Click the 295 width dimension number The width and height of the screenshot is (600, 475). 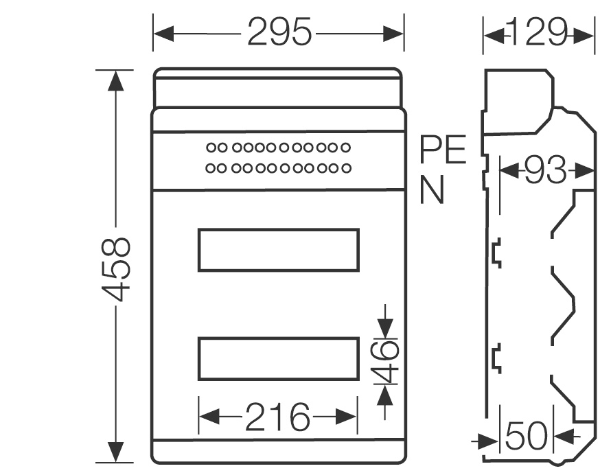pyautogui.click(x=279, y=32)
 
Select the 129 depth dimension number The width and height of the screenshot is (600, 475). pyautogui.click(x=539, y=32)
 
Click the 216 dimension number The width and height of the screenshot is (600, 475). pyautogui.click(x=278, y=417)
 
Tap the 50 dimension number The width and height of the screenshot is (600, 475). pyautogui.click(x=527, y=436)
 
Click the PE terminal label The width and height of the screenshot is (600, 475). pyautogui.click(x=443, y=150)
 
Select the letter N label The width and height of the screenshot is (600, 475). pyautogui.click(x=432, y=190)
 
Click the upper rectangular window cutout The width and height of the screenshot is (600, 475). pyautogui.click(x=278, y=251)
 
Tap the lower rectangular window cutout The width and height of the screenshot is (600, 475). pyautogui.click(x=278, y=358)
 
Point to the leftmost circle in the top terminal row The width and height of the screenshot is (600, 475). pyautogui.click(x=211, y=147)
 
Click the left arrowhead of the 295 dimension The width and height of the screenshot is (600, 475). pyautogui.click(x=162, y=32)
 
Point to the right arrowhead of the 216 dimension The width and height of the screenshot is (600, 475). pyautogui.click(x=349, y=417)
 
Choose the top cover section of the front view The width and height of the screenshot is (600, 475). pyautogui.click(x=277, y=87)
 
